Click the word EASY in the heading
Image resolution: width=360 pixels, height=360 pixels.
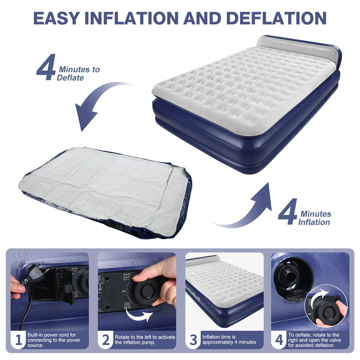[x=56, y=18]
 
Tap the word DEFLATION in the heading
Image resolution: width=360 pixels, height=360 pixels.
[x=276, y=18]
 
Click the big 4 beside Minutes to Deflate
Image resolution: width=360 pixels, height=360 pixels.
[x=46, y=67]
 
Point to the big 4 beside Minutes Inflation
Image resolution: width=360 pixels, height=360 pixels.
[x=288, y=212]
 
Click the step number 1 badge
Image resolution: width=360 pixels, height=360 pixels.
[x=18, y=340]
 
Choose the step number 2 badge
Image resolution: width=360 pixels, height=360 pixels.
[x=106, y=340]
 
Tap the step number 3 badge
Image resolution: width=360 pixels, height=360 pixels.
[x=193, y=340]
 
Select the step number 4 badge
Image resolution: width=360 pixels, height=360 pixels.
[x=279, y=340]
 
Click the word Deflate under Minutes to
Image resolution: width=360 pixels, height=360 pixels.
[x=70, y=78]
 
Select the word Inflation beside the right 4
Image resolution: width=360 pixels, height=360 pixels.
[x=314, y=222]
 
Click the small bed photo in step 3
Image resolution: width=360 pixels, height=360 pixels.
[x=224, y=292]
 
